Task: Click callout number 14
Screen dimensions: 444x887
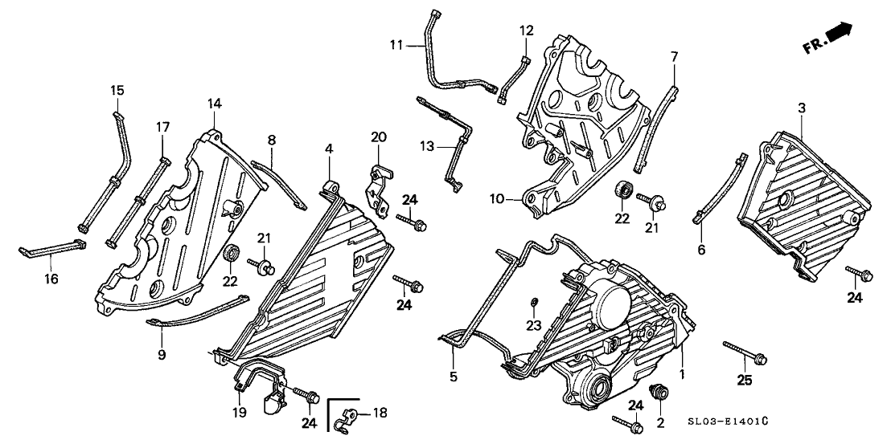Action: point(214,104)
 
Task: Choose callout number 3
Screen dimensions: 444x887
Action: point(801,107)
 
